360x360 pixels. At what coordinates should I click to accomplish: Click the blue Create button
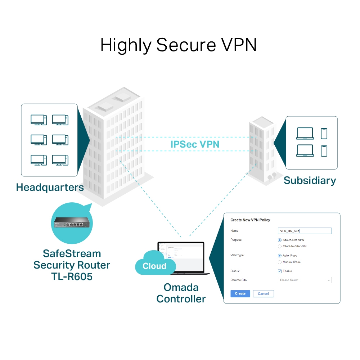(240, 294)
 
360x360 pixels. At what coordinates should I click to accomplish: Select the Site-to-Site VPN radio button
(280, 240)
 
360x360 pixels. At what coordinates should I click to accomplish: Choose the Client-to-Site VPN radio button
(280, 247)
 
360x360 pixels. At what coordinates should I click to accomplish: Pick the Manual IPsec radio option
(280, 262)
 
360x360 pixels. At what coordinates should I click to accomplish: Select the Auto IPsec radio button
(280, 256)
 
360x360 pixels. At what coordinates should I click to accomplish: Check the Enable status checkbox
(280, 271)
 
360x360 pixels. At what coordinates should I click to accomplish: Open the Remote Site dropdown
(305, 280)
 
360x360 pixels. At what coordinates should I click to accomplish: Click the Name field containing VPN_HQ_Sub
(305, 231)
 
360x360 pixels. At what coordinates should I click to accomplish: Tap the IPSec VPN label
(195, 144)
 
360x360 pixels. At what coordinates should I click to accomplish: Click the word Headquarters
(50, 187)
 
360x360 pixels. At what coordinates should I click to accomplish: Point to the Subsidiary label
(310, 180)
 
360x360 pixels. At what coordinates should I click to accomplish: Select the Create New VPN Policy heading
(250, 220)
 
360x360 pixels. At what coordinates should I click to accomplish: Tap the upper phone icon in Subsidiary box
(324, 134)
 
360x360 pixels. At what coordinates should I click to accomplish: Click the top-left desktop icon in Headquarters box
(39, 120)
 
